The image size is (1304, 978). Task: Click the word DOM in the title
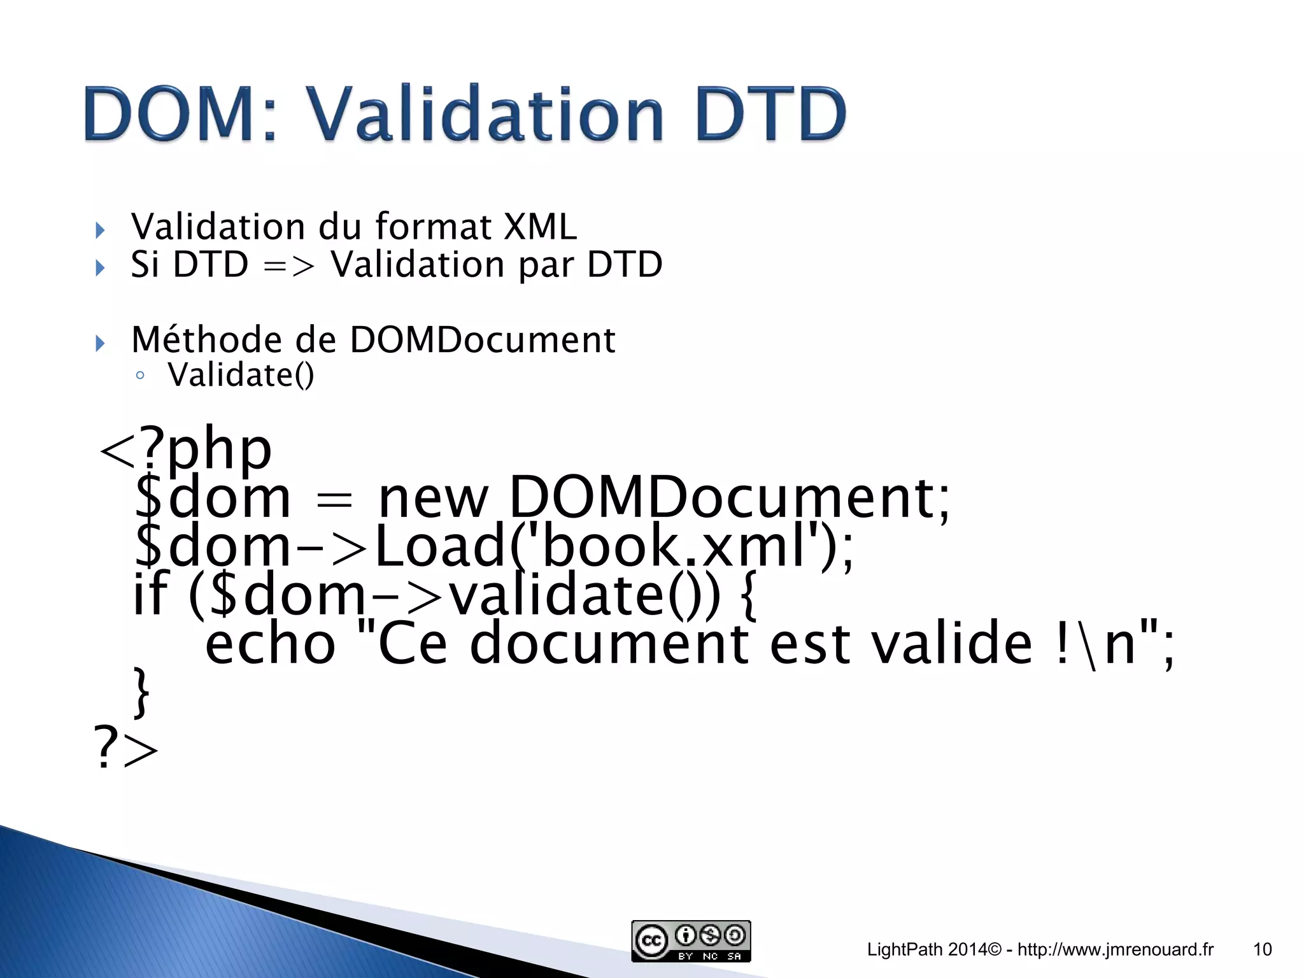click(x=172, y=115)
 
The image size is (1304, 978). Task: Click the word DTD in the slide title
click(x=770, y=115)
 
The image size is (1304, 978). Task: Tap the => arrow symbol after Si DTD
click(x=289, y=265)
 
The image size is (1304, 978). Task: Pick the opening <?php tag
click(x=185, y=449)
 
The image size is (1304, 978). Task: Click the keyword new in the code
click(x=433, y=498)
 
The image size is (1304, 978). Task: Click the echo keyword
click(x=270, y=644)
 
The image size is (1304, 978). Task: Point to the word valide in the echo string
click(x=951, y=644)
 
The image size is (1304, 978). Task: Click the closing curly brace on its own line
click(x=141, y=693)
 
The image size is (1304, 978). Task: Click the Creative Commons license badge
click(x=691, y=940)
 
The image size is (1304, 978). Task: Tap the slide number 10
click(x=1262, y=949)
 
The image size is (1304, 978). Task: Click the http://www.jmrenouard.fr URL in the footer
click(x=1116, y=949)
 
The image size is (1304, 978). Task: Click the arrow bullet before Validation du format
click(x=100, y=230)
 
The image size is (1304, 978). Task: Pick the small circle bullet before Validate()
click(x=140, y=376)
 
